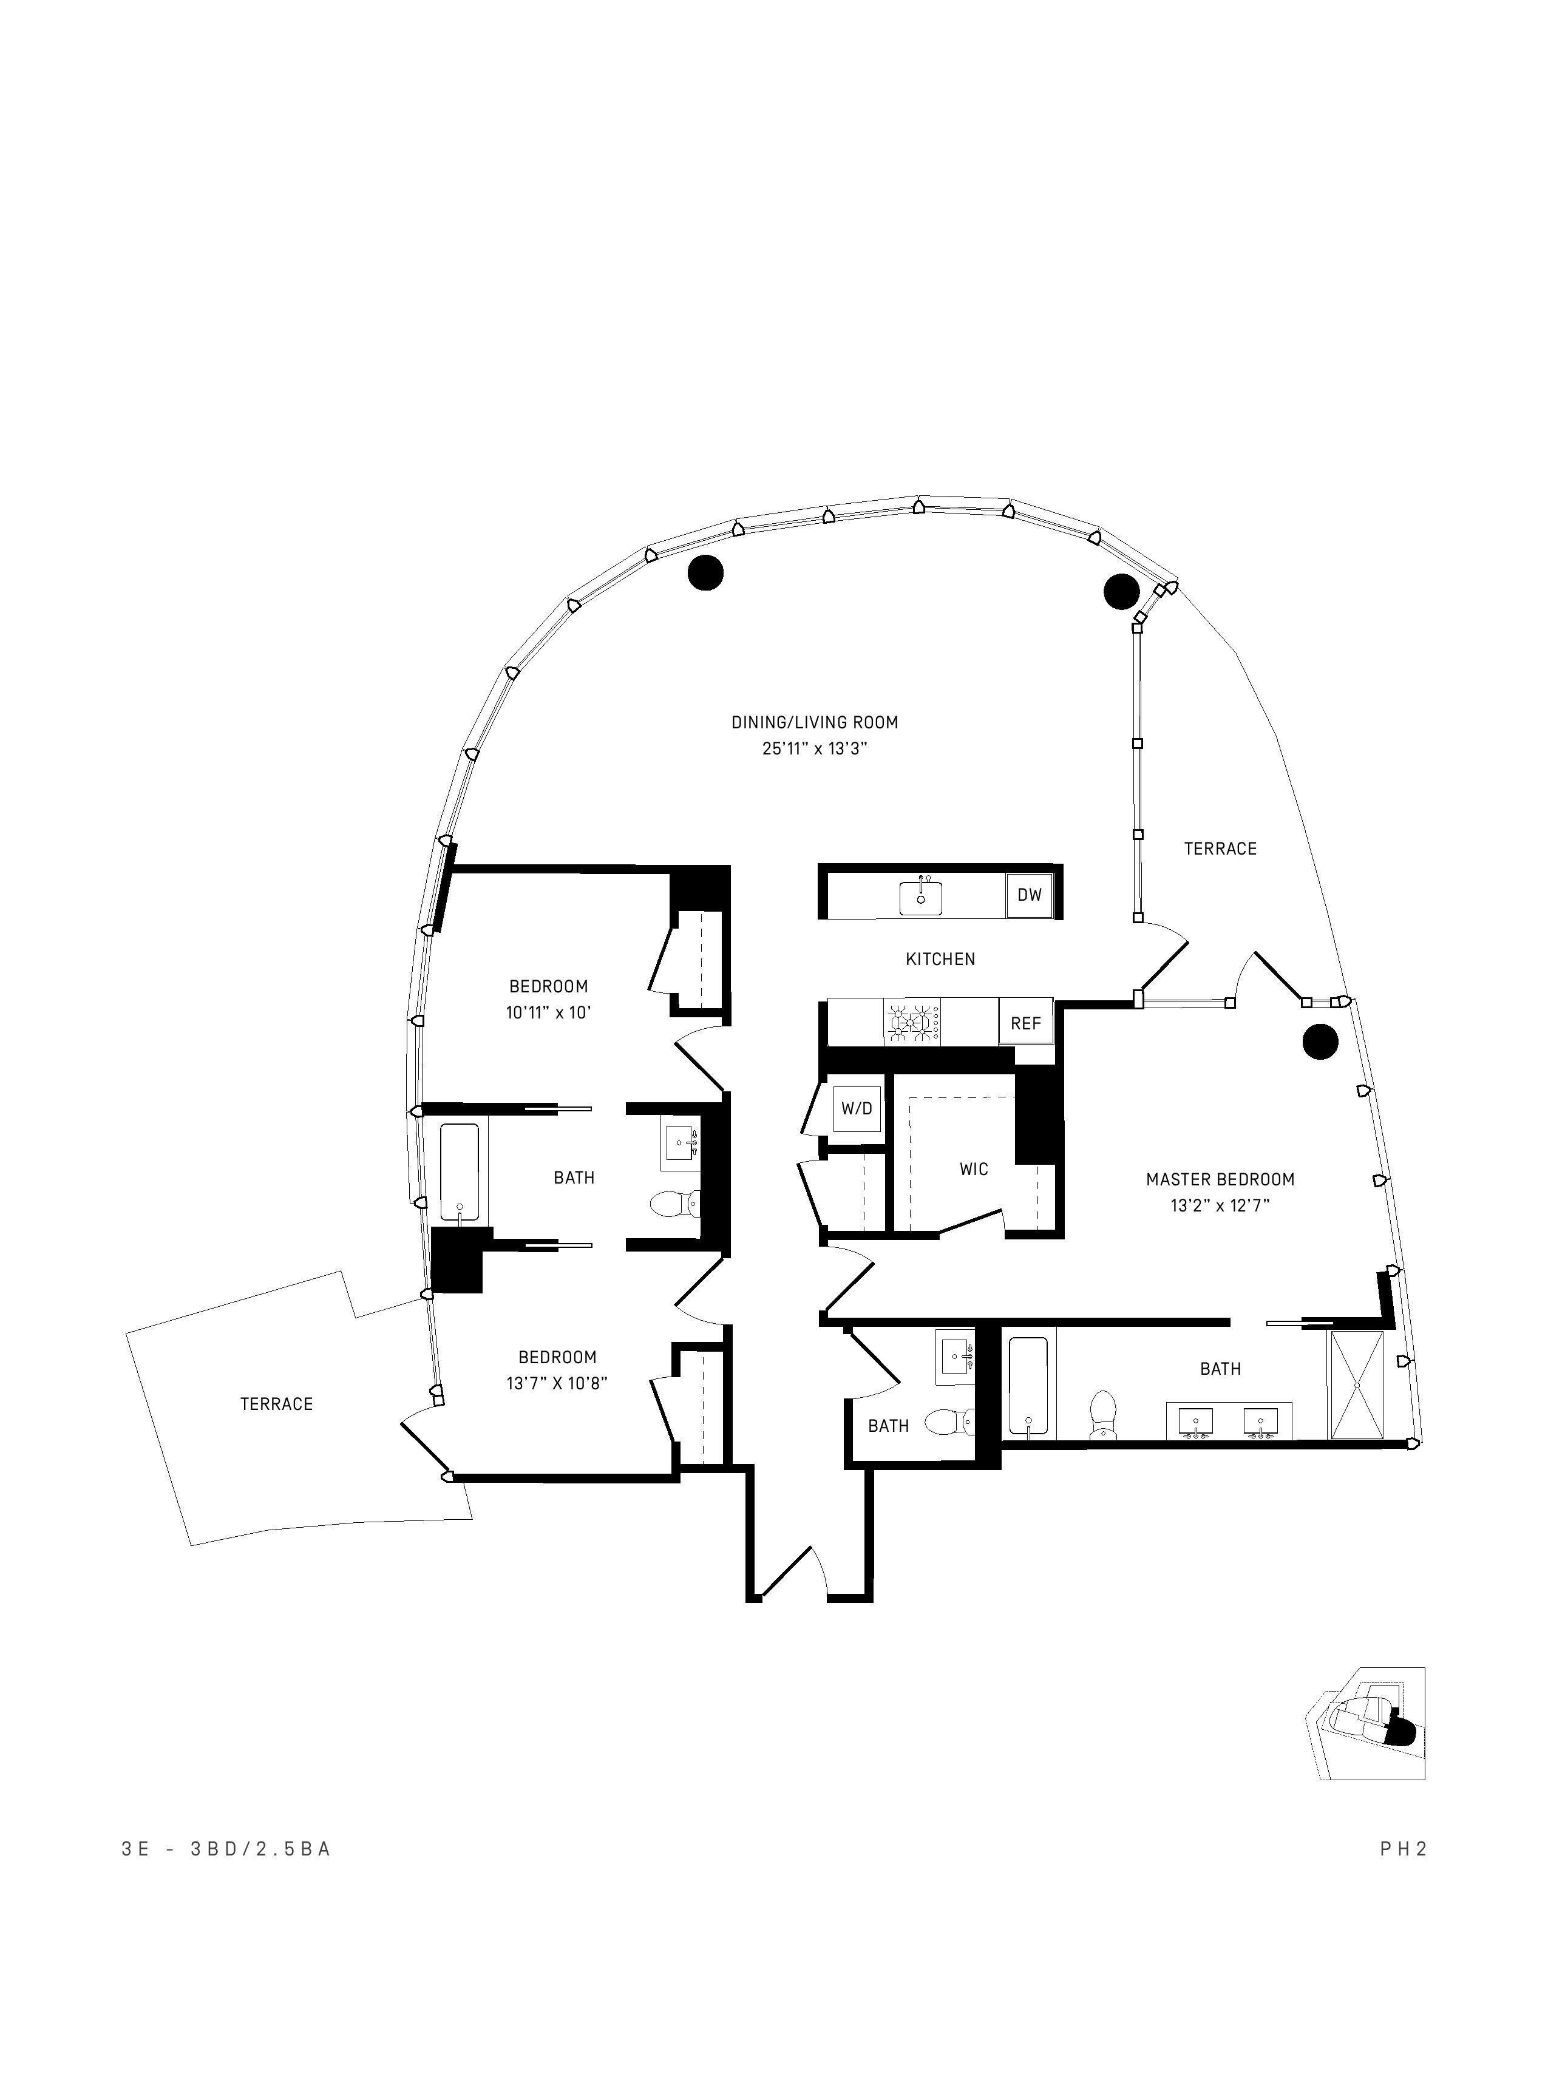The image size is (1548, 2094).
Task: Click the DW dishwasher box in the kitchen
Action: (x=1029, y=895)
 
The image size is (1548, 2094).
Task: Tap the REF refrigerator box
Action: (x=1025, y=1024)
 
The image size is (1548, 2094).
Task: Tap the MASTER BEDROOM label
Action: (x=1220, y=1179)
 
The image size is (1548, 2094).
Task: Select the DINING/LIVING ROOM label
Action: (x=814, y=722)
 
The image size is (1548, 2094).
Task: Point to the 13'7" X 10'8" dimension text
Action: (x=557, y=1383)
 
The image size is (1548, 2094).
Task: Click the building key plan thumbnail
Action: (x=1366, y=1724)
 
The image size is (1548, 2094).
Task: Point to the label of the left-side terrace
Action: (x=276, y=1403)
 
